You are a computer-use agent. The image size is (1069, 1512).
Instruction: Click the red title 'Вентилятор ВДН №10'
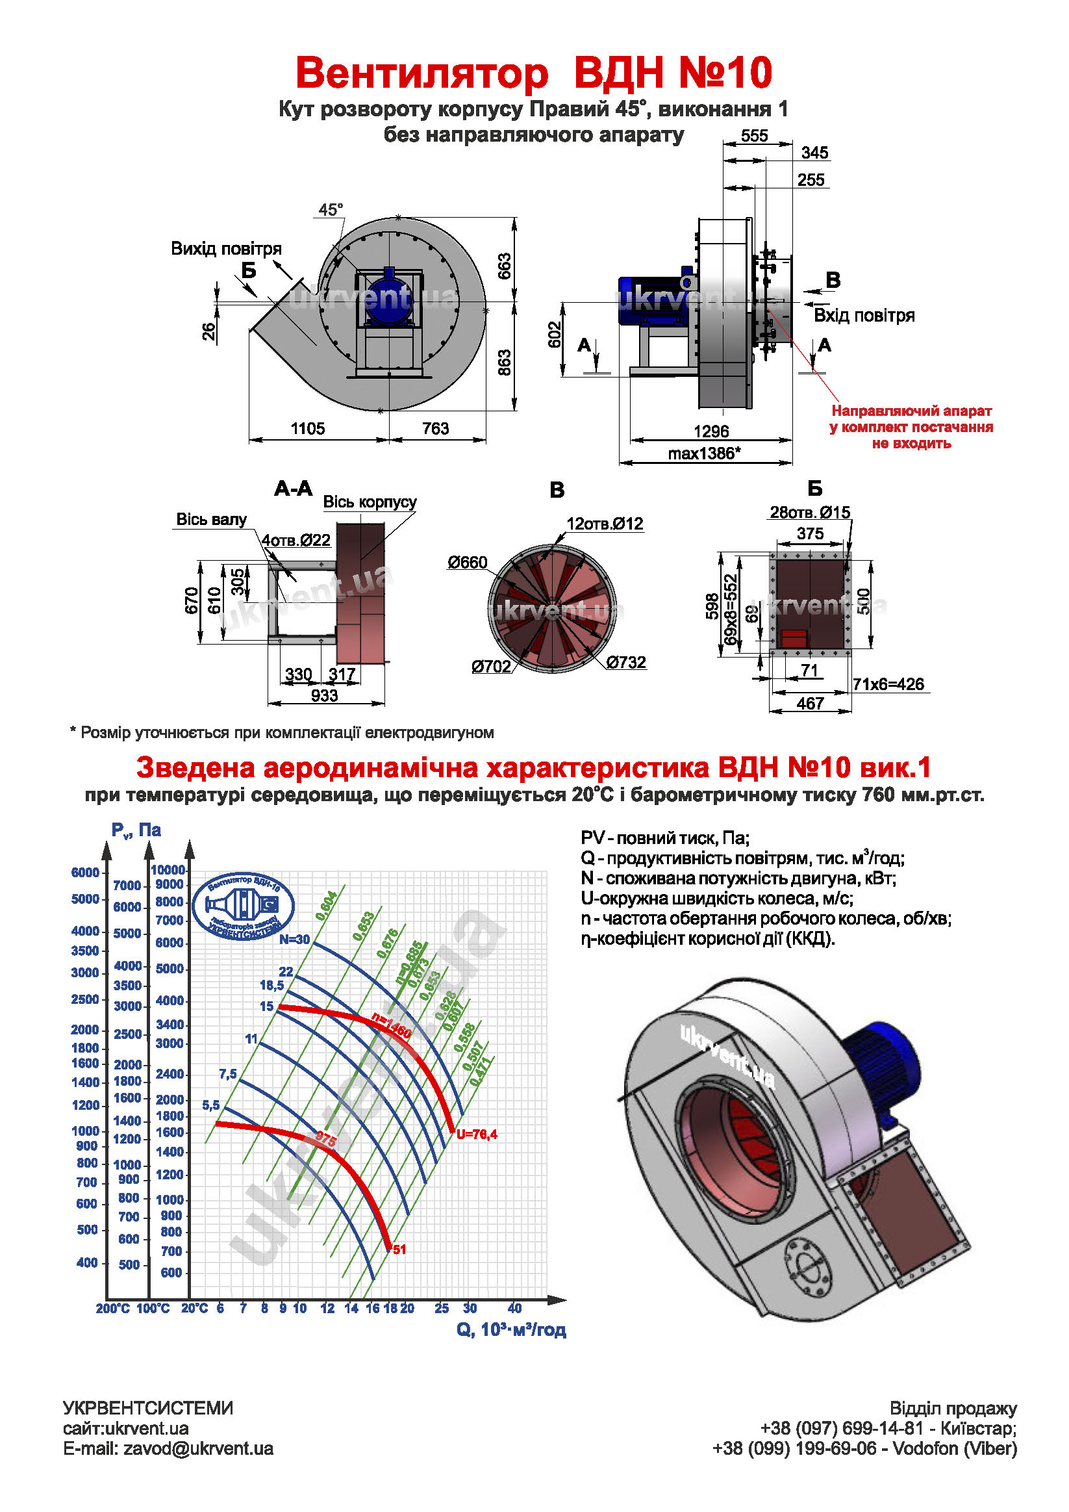(x=533, y=72)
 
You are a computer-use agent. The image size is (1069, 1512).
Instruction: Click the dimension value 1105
(x=307, y=429)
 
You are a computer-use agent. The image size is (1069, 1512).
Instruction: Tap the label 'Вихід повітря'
(x=226, y=249)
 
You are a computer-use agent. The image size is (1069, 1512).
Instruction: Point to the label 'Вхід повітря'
(x=864, y=315)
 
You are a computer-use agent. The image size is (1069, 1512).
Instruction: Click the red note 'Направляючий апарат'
(x=911, y=411)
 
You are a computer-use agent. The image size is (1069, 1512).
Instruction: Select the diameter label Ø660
(x=468, y=563)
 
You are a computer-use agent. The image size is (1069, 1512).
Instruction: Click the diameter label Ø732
(x=625, y=663)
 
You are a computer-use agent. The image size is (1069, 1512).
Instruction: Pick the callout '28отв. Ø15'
(x=810, y=513)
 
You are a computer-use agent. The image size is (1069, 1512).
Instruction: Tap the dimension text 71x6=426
(x=888, y=684)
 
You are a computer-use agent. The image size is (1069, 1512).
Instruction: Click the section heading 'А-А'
(x=293, y=489)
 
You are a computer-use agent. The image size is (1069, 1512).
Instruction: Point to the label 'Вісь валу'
(x=210, y=520)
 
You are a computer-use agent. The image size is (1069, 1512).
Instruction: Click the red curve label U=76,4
(x=477, y=1134)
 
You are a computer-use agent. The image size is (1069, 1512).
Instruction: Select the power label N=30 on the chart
(x=294, y=940)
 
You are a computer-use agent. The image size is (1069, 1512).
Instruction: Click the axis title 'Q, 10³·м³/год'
(x=511, y=1329)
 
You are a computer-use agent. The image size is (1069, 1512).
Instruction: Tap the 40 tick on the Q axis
(x=514, y=1309)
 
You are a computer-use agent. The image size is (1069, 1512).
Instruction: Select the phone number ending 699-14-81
(x=842, y=1428)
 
